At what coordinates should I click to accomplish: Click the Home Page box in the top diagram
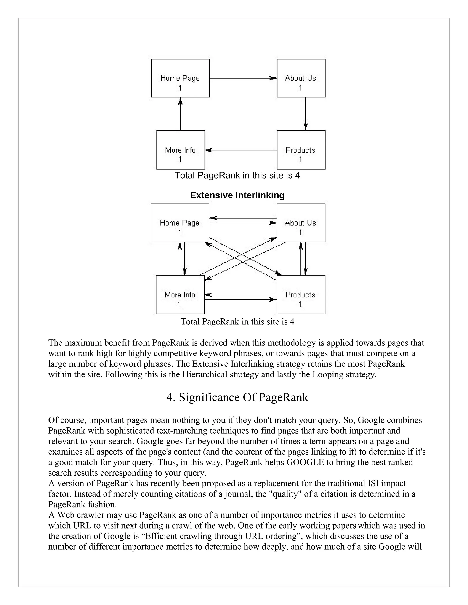point(180,78)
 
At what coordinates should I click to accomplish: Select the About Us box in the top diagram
point(301,78)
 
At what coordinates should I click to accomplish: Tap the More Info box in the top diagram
point(181,150)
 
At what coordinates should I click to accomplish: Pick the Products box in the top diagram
point(301,150)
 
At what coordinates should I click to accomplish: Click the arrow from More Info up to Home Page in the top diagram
point(181,114)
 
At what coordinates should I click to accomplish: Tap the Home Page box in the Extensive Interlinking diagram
point(180,223)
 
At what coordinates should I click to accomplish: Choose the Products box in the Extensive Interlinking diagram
point(301,295)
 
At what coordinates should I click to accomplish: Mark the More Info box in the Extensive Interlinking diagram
point(180,295)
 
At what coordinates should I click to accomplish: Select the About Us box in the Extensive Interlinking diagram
point(301,223)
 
